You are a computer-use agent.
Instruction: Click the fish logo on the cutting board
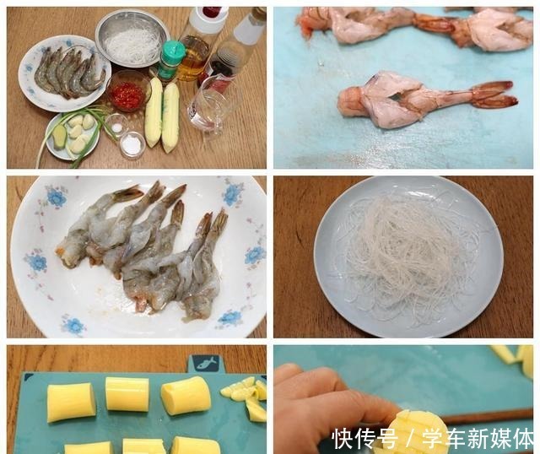[204, 363]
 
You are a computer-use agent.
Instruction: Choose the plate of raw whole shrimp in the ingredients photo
[65, 73]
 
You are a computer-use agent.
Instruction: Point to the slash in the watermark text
[410, 439]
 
